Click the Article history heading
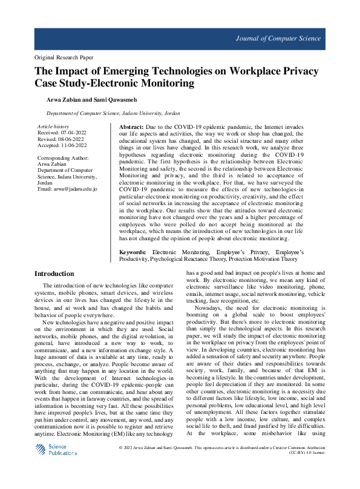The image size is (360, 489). pyautogui.click(x=53, y=126)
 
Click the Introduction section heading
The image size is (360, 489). pyautogui.click(x=54, y=274)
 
